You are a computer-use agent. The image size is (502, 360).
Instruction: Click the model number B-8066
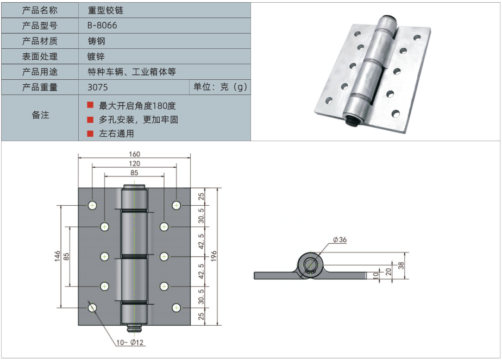(102, 26)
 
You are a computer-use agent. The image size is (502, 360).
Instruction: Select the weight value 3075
(98, 87)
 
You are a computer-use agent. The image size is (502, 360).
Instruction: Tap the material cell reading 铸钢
(96, 41)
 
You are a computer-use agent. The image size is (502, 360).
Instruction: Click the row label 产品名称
(40, 10)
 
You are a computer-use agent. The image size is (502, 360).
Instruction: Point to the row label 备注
(40, 115)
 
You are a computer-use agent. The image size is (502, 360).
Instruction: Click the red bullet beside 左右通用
(90, 133)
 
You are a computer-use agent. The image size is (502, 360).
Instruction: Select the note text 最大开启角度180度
(137, 106)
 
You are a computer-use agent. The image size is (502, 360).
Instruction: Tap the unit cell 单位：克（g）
(220, 87)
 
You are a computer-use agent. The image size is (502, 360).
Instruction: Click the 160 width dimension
(134, 153)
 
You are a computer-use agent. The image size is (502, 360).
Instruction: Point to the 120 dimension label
(134, 163)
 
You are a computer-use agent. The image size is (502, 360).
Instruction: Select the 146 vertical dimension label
(57, 256)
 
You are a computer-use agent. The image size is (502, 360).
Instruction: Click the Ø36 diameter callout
(339, 240)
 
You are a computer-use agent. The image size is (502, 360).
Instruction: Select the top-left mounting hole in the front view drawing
(92, 205)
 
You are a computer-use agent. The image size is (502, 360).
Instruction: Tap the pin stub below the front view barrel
(134, 329)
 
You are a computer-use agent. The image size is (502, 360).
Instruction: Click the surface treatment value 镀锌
(96, 56)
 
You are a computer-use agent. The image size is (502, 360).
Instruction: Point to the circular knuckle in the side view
(311, 265)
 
